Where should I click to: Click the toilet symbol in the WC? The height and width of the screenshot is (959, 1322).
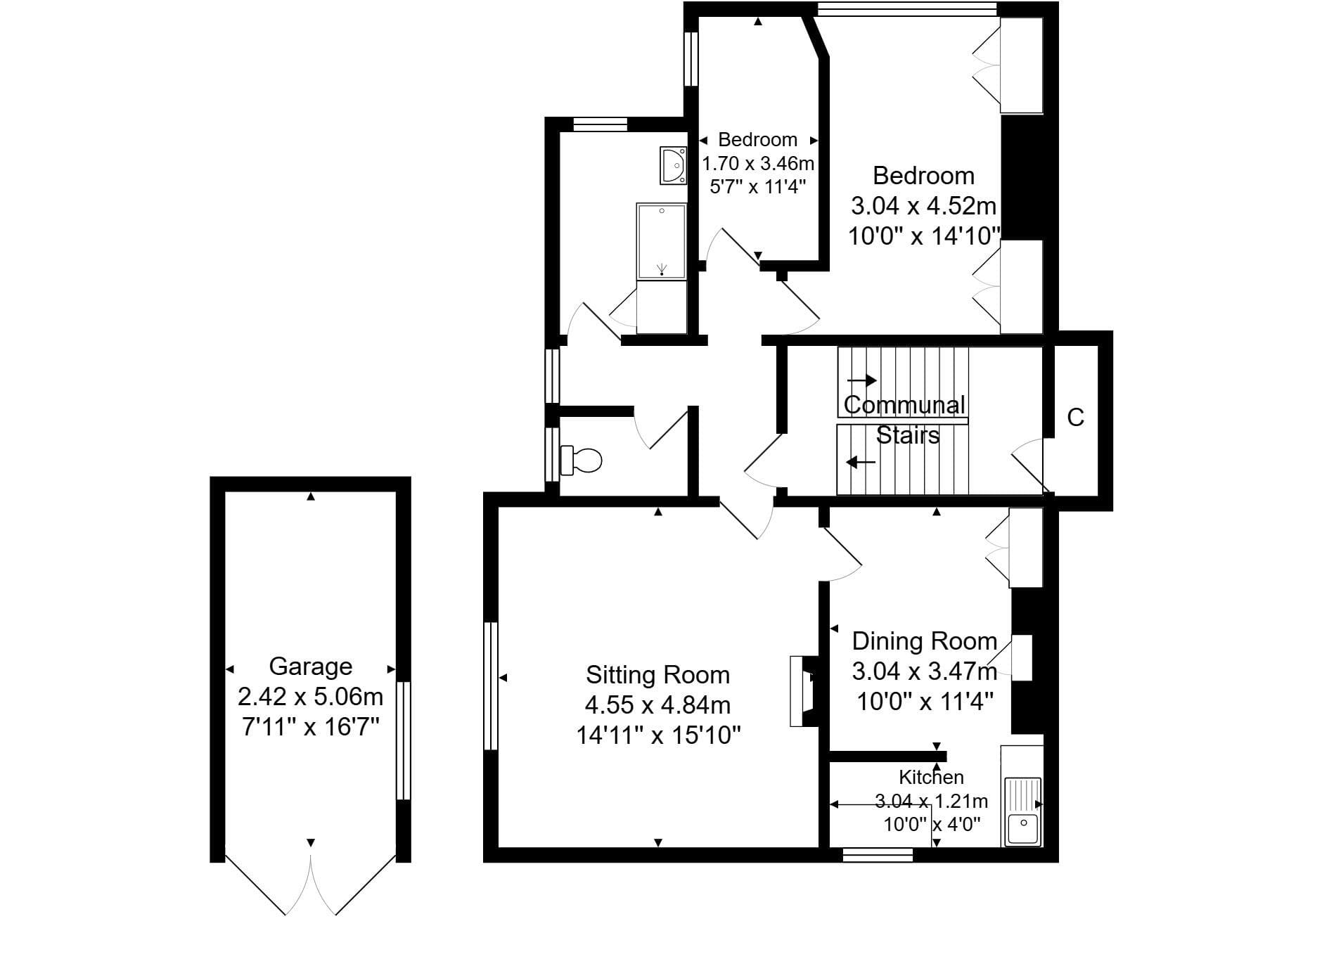582,461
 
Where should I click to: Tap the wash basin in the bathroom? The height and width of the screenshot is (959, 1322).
673,165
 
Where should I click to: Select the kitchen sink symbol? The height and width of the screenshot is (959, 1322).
1023,811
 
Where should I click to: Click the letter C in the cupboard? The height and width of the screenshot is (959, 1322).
1075,418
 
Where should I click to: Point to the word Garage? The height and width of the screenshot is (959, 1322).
310,666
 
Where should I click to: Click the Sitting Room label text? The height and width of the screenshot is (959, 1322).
657,675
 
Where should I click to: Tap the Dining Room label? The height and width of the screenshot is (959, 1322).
925,641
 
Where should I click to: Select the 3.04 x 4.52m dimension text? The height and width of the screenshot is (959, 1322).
923,206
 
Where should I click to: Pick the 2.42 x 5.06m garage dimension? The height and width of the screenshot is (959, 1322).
310,697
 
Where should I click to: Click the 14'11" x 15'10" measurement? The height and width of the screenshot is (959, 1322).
658,735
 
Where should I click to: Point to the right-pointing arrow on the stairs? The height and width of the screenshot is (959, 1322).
861,380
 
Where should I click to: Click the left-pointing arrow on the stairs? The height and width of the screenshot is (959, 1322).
861,462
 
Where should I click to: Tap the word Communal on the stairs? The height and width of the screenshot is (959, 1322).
904,405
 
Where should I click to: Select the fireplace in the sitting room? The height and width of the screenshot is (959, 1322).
804,691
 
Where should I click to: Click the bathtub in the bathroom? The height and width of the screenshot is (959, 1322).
661,240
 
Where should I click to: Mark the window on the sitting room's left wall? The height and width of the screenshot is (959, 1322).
491,686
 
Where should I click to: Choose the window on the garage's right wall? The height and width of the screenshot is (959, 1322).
403,740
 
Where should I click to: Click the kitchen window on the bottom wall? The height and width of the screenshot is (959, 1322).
878,854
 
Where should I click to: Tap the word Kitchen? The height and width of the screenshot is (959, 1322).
931,777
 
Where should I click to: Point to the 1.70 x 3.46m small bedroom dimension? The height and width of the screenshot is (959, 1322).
758,164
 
